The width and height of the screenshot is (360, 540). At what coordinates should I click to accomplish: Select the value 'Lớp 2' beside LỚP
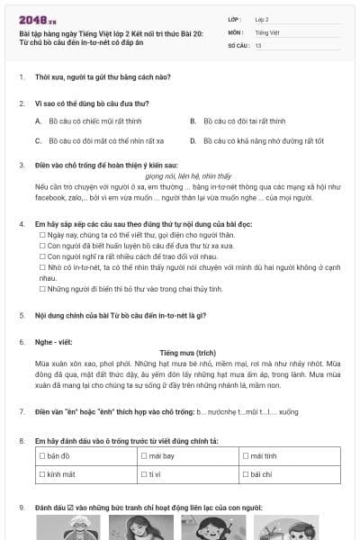263,18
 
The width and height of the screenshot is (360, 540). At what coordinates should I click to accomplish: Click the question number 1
22,77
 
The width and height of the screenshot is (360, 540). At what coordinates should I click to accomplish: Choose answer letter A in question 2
39,119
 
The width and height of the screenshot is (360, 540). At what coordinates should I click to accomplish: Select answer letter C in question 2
39,141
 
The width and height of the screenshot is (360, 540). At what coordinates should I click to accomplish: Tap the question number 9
22,506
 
